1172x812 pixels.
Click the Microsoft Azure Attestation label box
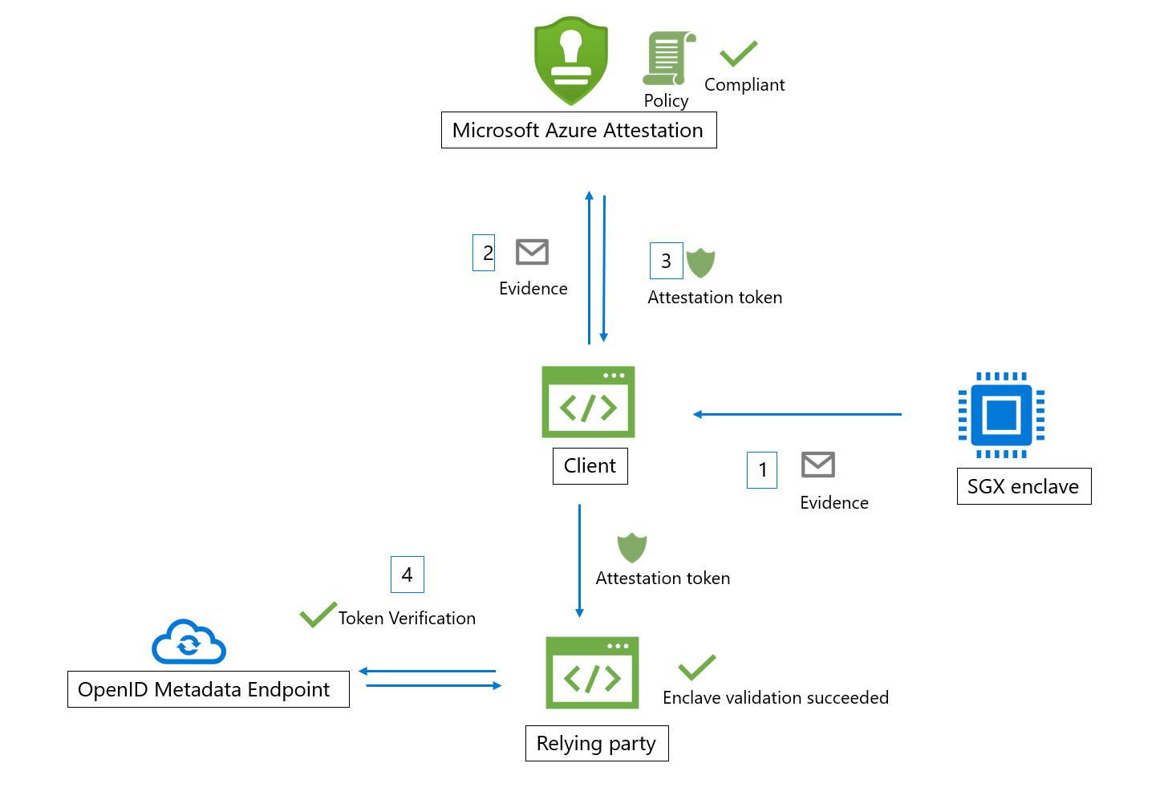coord(578,130)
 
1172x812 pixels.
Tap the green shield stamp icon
coord(571,61)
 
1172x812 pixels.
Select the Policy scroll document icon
coord(667,59)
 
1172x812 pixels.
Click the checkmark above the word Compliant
coord(739,54)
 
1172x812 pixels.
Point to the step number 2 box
coord(484,253)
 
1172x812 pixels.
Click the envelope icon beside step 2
coord(532,252)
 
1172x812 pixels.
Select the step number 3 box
coord(666,261)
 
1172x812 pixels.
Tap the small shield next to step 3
coord(700,262)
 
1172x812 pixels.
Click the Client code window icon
coord(588,402)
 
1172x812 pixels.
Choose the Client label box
coord(590,466)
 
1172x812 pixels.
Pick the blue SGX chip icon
coord(1001,415)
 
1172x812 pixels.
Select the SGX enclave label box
coord(1024,486)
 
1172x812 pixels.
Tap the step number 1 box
coord(762,470)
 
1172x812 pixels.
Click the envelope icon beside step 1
coord(818,465)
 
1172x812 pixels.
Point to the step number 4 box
coord(407,574)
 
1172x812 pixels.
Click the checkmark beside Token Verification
coord(318,615)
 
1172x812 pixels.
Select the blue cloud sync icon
coord(189,643)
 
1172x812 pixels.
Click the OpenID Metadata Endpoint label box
coord(208,689)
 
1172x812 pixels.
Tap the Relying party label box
coord(597,743)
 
